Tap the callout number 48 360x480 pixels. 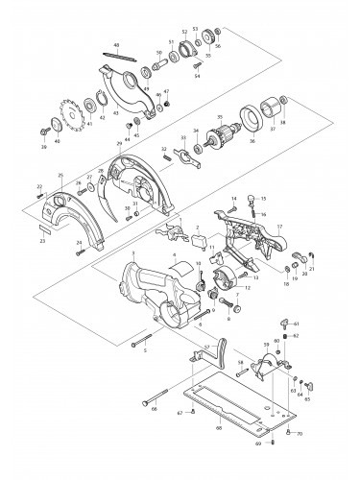(115, 45)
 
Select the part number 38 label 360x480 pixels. (281, 124)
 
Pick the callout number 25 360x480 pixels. (60, 175)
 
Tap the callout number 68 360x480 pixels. (219, 426)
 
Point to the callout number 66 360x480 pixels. (154, 407)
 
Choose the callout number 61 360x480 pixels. (297, 324)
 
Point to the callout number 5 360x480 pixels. (146, 351)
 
